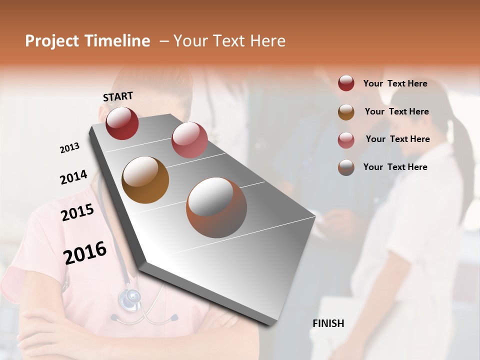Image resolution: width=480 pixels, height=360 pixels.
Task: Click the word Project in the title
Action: coord(51,41)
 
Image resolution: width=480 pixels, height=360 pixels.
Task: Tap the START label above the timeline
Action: coord(118,96)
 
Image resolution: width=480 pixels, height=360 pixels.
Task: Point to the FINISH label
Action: coord(328,323)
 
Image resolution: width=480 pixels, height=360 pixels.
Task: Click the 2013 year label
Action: coord(69,148)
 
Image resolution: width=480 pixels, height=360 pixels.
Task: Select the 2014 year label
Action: coord(73,177)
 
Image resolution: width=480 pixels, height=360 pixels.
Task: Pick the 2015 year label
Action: coord(77,212)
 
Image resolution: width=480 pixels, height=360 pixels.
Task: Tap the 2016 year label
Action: coord(85,252)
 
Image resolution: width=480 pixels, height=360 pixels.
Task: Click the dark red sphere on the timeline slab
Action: coord(122,123)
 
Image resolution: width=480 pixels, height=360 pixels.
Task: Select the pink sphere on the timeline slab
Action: coord(189,140)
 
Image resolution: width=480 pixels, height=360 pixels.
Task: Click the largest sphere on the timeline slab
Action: coord(216,207)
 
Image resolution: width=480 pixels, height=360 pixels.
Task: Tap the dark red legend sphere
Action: coord(346,83)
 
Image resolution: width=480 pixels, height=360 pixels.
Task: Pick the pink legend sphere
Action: coord(346,139)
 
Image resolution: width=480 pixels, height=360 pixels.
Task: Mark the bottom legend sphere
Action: coord(346,167)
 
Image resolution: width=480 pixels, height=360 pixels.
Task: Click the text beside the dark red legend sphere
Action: coord(395,84)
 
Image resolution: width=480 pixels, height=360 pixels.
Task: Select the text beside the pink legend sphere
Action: coord(397,139)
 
